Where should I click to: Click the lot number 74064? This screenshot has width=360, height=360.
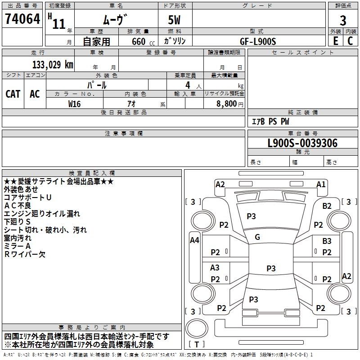point(22,19)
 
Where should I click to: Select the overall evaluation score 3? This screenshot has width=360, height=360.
point(343,20)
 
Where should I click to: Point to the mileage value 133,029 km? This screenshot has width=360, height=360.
point(53,64)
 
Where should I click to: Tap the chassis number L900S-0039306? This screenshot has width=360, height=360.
point(302,143)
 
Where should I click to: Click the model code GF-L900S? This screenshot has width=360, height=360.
point(258,41)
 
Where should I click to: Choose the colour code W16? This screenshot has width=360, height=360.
point(75,103)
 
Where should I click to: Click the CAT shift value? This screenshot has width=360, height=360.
point(13,94)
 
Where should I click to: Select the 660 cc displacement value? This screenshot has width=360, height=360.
point(138,41)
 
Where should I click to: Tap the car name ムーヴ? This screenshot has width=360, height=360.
point(115,20)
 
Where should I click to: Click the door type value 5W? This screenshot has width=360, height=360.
point(175,20)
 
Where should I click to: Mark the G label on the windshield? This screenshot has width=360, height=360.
point(257,237)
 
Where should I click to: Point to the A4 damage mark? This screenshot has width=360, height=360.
point(194,240)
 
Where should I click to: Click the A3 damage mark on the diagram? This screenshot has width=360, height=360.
point(215,268)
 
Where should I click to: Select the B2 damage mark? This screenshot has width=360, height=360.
point(327,206)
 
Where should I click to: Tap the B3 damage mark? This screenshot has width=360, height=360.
point(327,241)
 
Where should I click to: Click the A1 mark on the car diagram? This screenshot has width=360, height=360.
point(321,184)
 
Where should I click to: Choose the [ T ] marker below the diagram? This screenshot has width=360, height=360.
point(197,345)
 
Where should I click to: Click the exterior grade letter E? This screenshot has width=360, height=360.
point(335,41)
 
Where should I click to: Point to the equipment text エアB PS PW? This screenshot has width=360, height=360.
point(270,121)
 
